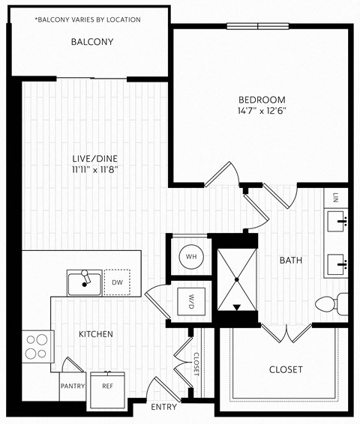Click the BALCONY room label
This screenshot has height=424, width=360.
92,42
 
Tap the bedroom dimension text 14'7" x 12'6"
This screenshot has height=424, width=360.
262,112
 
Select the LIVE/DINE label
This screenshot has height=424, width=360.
94,158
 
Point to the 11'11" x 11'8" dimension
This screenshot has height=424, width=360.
94,169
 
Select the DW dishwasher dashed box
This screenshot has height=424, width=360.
117,282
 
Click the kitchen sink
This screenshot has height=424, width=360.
84,283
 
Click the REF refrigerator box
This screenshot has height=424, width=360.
107,387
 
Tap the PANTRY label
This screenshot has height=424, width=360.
73,387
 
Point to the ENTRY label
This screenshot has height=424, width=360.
163,408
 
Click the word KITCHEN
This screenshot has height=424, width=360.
96,334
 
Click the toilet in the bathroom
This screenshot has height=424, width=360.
330,304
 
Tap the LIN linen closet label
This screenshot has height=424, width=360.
337,199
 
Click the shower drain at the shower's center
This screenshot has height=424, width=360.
237,279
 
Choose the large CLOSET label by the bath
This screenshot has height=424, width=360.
285,370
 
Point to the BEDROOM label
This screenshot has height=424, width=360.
262,100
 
